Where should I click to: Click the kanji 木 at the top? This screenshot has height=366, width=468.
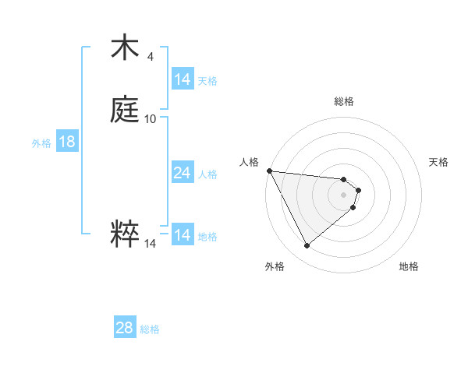pos(125,48)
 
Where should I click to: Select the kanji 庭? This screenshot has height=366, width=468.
pos(125,110)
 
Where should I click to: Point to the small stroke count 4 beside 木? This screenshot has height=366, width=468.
pos(150,57)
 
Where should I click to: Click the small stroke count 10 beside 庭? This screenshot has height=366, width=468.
pos(151,119)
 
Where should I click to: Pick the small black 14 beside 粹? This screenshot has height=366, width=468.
pos(151,244)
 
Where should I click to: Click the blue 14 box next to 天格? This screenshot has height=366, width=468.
pos(183,79)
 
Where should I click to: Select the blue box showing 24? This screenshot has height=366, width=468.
pos(183,173)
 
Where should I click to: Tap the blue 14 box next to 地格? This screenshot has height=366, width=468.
pos(183,235)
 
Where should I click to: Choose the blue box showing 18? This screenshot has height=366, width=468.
pos(67,142)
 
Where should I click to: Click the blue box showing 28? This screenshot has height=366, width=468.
pos(125,328)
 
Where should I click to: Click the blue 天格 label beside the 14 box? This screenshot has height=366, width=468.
pos(207,80)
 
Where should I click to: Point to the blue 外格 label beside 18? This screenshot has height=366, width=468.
pos(41,143)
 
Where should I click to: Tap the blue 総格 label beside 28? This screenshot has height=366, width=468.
pos(150,329)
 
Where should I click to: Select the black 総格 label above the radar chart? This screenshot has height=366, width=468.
pos(344,101)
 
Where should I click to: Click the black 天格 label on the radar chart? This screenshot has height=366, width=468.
pos(438,162)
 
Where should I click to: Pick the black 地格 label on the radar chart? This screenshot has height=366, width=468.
pos(409,266)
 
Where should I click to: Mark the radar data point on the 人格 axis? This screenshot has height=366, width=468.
pos(269,171)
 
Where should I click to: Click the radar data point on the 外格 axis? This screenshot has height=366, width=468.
pos(307,246)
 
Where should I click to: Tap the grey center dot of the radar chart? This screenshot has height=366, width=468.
pos(344,194)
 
